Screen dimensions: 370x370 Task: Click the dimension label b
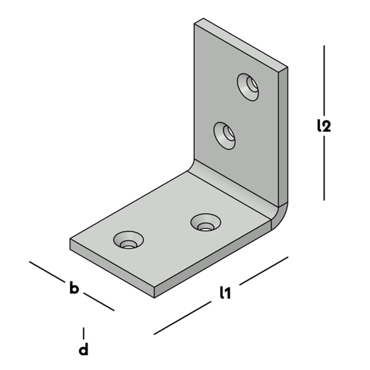pos(74,288)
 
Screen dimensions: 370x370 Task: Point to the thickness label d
pos(84,349)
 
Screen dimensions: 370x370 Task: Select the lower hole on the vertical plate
pos(225,136)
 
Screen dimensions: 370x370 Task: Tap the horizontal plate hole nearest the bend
pos(205,222)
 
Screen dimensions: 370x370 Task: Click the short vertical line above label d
pos(84,333)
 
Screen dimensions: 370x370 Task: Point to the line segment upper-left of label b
pos(47,270)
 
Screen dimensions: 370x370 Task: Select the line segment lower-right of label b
pos(99,302)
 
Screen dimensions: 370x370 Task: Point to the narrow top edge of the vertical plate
pos(240,43)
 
